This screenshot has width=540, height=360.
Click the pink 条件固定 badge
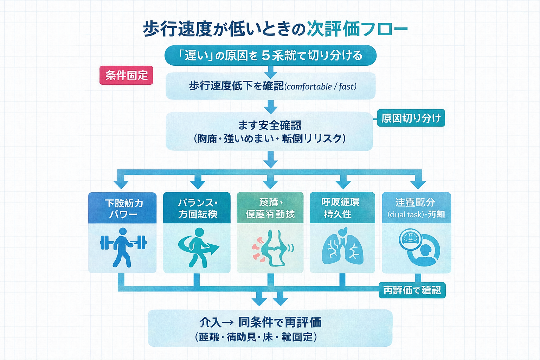point(126,75)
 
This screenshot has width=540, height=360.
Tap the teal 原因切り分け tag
point(411,118)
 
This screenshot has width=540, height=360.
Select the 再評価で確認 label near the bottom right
point(412,290)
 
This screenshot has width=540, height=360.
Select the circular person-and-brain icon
point(419,248)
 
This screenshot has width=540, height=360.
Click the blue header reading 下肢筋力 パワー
point(122,208)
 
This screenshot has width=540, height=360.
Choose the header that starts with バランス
point(197,208)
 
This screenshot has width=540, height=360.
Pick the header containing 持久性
point(342,208)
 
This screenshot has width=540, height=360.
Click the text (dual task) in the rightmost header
point(405,214)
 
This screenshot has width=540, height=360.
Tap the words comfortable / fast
point(321,86)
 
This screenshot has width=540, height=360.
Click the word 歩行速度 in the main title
point(178,29)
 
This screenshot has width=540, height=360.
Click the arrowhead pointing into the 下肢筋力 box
point(121,184)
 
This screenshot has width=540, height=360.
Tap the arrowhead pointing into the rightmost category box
point(418,184)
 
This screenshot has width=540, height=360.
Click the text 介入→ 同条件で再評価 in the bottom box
point(260,322)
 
